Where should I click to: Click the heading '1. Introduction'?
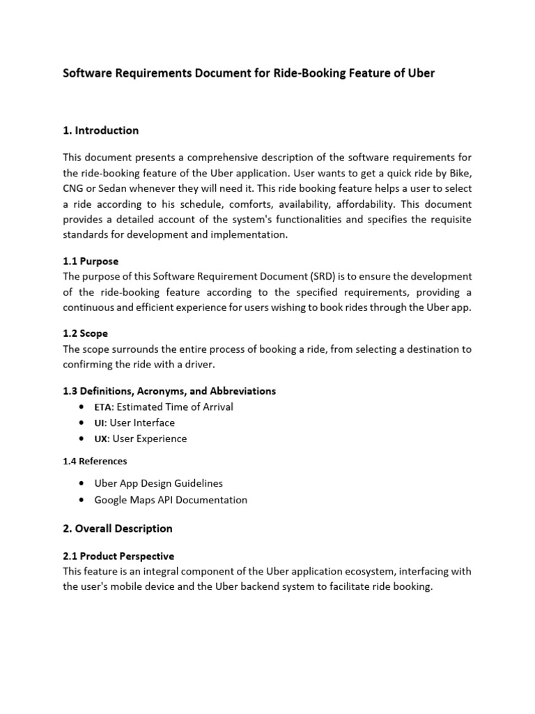[x=101, y=130]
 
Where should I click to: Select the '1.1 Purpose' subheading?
[x=91, y=261]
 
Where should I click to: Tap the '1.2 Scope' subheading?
[x=85, y=334]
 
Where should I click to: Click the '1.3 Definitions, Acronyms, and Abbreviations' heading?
[x=169, y=390]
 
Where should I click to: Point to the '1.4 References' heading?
[x=95, y=461]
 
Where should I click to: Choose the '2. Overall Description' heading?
[x=118, y=529]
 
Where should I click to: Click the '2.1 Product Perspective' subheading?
[x=118, y=556]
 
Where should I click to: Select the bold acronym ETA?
[x=102, y=407]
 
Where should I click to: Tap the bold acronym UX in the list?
[x=101, y=439]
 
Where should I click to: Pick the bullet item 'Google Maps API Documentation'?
[x=170, y=500]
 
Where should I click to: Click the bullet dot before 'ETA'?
[x=83, y=407]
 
